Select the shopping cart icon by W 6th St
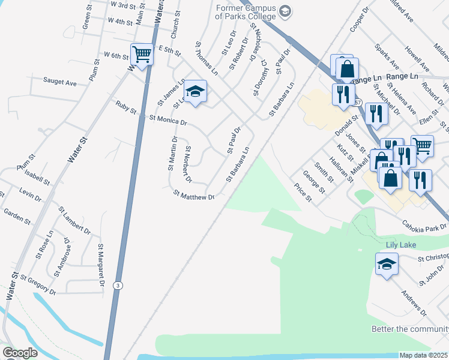(x=142, y=55)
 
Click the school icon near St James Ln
(x=195, y=92)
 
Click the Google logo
(x=20, y=353)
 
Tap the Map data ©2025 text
(x=423, y=355)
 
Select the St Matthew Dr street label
(x=193, y=195)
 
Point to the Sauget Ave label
(x=59, y=82)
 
